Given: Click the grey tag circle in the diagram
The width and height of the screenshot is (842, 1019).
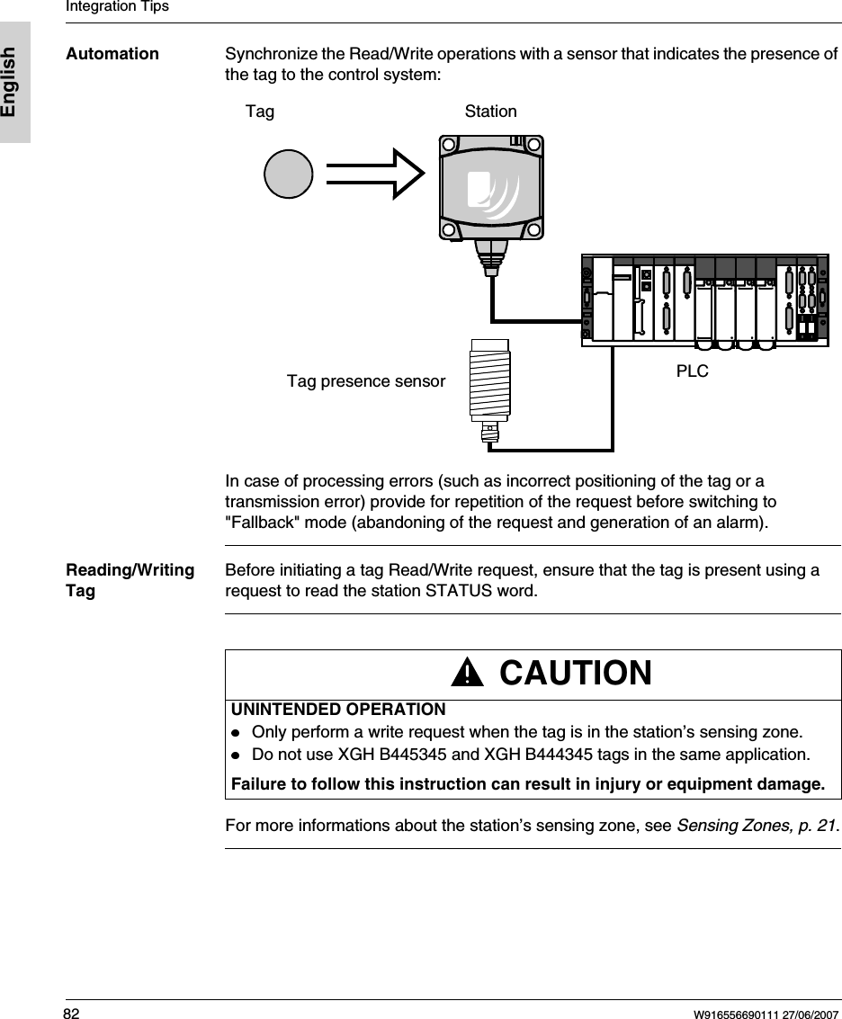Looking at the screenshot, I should tap(288, 173).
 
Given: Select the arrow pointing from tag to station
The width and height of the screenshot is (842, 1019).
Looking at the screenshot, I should tap(374, 173).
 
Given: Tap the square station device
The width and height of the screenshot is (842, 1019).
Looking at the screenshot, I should tap(491, 187).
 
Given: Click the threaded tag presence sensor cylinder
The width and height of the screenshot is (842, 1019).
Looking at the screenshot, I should tap(489, 380).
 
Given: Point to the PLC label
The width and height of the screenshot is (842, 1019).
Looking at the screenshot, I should tap(692, 371).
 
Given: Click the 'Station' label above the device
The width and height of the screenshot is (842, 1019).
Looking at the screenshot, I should tap(490, 112).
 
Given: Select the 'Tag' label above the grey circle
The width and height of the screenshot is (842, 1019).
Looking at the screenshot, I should tap(260, 112).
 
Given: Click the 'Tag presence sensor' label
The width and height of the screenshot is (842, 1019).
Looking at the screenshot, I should tap(365, 381).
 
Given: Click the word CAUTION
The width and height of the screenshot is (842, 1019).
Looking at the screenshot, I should tap(575, 673).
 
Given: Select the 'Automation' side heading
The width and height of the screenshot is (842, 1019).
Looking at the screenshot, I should tap(112, 54).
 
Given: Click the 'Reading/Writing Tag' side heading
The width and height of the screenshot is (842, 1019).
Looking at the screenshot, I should tap(130, 580).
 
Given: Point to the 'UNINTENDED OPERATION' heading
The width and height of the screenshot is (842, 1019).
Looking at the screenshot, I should tap(338, 711).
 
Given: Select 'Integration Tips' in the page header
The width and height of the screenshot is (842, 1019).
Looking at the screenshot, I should tap(117, 7).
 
